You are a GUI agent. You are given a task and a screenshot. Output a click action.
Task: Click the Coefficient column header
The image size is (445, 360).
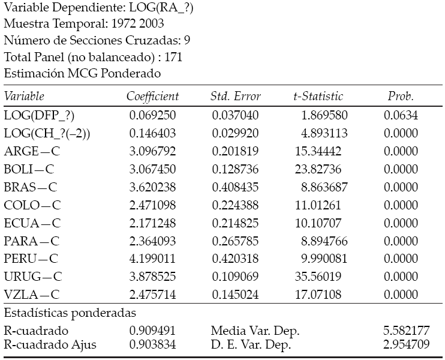coord(152,96)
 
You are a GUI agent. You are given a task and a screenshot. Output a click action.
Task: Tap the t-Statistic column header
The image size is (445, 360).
coord(318,96)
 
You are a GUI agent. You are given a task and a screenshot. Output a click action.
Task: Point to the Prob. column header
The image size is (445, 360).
coord(401,96)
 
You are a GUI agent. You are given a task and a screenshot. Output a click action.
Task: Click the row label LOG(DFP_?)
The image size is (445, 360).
coord(40,115)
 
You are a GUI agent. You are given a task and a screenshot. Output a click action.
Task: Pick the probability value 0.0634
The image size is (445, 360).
coord(401,115)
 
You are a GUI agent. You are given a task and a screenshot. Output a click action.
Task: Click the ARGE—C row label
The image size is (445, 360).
coord(32,151)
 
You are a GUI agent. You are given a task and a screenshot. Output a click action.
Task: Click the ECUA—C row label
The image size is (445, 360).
coord(32,223)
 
